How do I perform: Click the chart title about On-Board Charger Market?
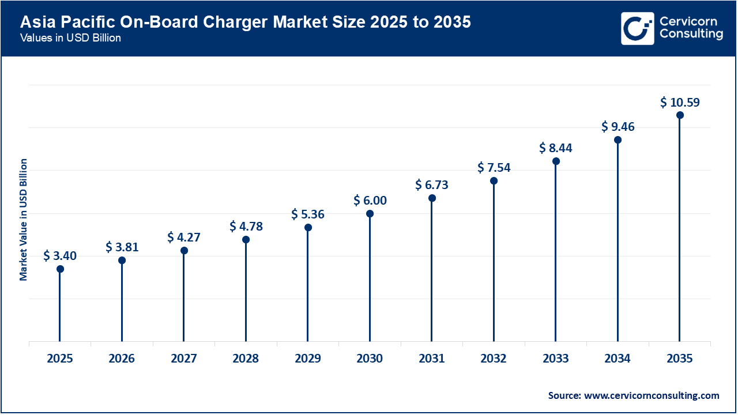[245, 22]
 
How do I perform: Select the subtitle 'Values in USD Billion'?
[70, 39]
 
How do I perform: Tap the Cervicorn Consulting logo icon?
[637, 28]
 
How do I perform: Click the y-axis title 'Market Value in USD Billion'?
[24, 219]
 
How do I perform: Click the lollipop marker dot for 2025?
[60, 269]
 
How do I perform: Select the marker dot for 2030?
[370, 214]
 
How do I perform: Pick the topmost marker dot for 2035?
[680, 115]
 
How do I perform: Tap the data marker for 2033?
[556, 161]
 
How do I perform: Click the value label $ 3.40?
[60, 255]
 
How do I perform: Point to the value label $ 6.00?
[370, 201]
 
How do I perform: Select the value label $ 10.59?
[680, 103]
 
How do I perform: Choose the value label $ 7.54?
[494, 168]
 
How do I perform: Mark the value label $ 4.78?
[246, 227]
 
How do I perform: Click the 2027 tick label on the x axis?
[184, 359]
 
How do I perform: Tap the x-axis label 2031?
[431, 359]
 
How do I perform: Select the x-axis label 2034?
[617, 359]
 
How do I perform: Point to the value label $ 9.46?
[617, 127]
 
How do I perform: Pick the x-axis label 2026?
[122, 359]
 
